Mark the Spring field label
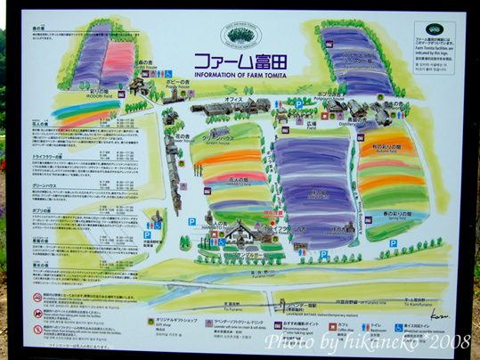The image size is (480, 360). (388, 216)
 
